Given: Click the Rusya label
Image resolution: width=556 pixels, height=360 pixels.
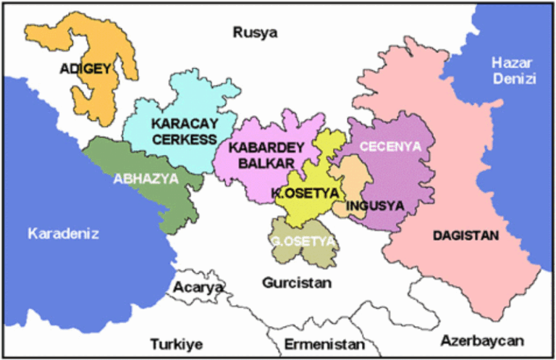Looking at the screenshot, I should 255,33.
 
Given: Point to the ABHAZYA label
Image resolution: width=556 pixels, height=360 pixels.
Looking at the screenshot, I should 146,179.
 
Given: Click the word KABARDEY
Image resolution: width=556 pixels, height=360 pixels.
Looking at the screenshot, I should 266,147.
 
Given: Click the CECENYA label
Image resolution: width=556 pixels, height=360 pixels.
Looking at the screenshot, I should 390,147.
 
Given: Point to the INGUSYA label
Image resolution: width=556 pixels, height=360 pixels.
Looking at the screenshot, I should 375,206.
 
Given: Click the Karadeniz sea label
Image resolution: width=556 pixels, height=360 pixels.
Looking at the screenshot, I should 63,233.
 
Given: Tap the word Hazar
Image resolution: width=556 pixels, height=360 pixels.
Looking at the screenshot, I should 512,62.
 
